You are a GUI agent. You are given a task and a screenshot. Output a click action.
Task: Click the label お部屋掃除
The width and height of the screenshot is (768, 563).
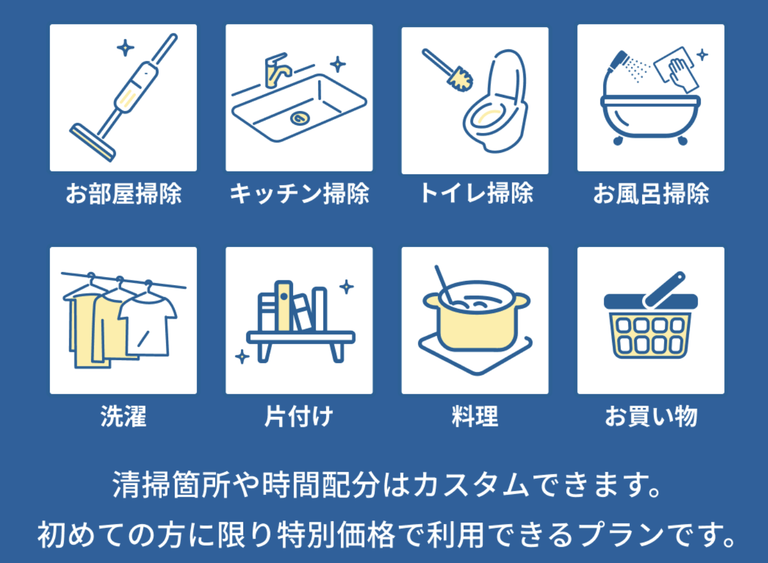(x=123, y=194)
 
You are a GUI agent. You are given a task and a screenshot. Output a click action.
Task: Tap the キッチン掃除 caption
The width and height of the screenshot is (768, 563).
(x=299, y=194)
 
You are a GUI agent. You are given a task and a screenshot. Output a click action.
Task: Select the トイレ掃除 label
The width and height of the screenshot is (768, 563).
(x=477, y=193)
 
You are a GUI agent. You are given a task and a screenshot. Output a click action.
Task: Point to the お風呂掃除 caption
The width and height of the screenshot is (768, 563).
(x=651, y=194)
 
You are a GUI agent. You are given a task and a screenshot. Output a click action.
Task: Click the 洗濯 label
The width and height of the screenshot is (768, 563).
(x=123, y=416)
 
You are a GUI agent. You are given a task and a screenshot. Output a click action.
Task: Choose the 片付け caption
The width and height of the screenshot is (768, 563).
(x=299, y=416)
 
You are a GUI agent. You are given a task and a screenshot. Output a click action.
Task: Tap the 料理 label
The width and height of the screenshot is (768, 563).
(x=475, y=416)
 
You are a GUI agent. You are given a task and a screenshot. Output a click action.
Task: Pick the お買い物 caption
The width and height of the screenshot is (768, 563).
(x=651, y=416)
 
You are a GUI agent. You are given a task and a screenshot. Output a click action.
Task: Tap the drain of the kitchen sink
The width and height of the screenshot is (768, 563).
(x=300, y=119)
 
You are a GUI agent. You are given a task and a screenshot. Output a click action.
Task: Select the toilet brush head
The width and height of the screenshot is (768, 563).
(x=460, y=79)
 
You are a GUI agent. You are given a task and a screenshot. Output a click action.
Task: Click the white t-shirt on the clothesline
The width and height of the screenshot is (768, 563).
(x=148, y=326)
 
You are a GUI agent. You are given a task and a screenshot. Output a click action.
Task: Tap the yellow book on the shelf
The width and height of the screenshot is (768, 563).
(x=284, y=306)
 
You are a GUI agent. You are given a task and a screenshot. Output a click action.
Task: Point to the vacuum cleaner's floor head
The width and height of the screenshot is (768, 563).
(x=93, y=142)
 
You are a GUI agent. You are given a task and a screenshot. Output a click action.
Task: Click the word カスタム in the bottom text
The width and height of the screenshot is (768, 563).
(x=472, y=485)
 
